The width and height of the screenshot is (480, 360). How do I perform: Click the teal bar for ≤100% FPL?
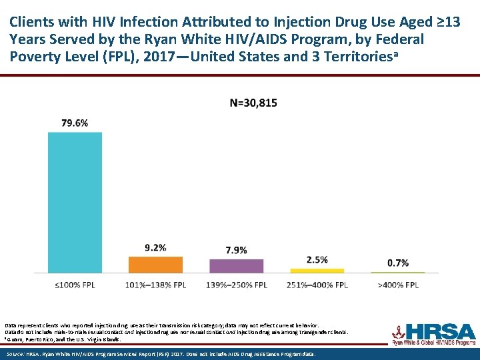click(75, 202)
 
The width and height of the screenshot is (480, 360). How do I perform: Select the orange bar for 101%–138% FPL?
click(155, 265)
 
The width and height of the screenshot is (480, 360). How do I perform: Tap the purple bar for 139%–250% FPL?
click(236, 266)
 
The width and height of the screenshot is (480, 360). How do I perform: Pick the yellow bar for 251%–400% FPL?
click(317, 271)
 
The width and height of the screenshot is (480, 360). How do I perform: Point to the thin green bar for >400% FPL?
click(398, 272)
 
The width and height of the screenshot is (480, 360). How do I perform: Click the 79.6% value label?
click(75, 123)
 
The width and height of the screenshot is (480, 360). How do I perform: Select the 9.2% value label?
click(155, 247)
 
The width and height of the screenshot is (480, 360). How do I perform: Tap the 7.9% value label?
click(236, 250)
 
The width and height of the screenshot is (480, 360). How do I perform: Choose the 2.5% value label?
click(317, 259)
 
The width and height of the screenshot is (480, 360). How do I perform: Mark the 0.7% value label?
click(398, 263)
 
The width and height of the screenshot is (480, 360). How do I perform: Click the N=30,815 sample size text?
click(253, 103)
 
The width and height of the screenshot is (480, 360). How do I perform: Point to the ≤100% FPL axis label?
click(75, 285)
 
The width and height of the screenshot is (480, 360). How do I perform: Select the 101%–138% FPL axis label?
click(155, 285)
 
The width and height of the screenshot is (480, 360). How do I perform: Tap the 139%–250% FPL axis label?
click(236, 285)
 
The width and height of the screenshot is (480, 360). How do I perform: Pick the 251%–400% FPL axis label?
click(317, 285)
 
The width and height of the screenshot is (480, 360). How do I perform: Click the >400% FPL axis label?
click(398, 285)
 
